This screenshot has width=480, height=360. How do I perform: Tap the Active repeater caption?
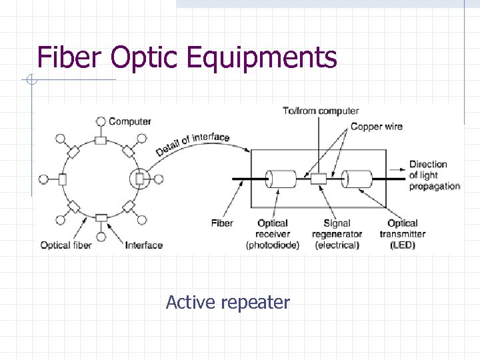227,302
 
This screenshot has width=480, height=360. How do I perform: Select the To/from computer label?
320,111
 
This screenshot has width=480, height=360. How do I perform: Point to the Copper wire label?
376,126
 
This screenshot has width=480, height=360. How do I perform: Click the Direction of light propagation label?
434,175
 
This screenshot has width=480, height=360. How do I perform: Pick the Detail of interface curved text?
193,144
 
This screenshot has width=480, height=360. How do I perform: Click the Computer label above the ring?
130,121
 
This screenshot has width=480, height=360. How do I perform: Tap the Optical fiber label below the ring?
65,245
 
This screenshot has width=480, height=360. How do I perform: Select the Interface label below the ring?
144,245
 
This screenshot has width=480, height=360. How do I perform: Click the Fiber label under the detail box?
222,223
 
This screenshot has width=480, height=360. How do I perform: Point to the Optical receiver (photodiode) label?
272,234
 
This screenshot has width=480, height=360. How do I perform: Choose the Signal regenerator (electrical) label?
337,234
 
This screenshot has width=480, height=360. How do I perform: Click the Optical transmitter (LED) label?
402,234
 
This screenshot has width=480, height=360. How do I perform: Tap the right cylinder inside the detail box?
357,179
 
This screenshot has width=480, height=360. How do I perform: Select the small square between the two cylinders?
319,179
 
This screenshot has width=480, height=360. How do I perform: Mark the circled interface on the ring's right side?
139,179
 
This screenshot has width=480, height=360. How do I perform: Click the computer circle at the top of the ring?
101,121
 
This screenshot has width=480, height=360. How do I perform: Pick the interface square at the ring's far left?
63,179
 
